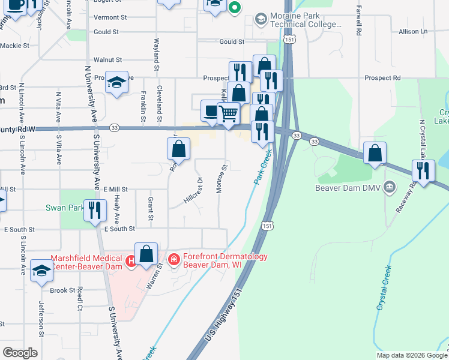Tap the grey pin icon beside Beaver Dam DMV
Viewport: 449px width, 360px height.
click(x=391, y=186)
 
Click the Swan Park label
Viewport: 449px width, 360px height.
click(x=64, y=208)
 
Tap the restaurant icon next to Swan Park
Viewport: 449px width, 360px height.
click(x=95, y=211)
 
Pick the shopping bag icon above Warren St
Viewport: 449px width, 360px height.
click(x=146, y=254)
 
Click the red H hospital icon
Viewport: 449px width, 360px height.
click(x=131, y=260)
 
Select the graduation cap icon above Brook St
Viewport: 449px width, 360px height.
click(x=41, y=271)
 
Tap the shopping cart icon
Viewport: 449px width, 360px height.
click(x=229, y=114)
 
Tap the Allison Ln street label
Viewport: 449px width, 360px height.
click(x=413, y=31)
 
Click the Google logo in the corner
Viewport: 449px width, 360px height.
click(x=20, y=352)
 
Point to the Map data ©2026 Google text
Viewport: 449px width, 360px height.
click(x=411, y=355)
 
